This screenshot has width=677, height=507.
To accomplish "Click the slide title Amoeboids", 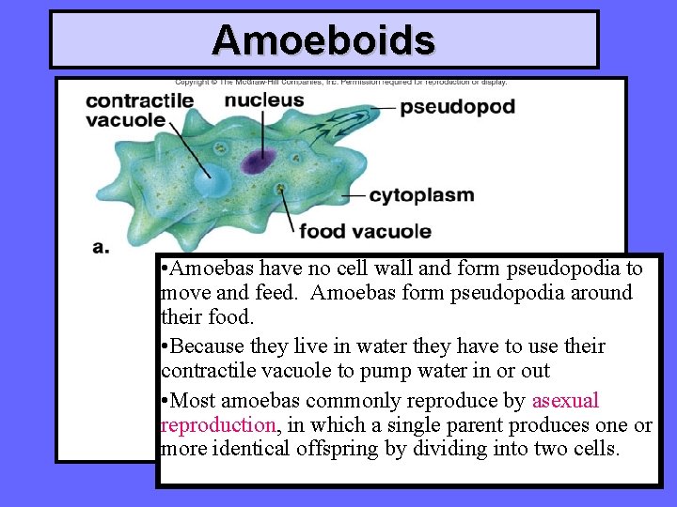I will tap(323, 40).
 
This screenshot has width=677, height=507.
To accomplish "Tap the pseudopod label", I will tap(457, 106).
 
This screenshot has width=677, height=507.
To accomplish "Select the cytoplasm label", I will tap(421, 195).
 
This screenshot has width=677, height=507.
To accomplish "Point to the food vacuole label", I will tap(365, 231).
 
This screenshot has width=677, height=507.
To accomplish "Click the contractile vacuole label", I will tap(139, 110).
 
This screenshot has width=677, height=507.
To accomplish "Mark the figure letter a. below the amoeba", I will tap(101, 247).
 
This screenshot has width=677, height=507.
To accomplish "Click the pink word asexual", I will tap(565, 401).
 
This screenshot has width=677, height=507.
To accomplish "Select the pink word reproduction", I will tap(218, 424).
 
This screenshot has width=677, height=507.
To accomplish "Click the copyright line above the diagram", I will tap(340, 82).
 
